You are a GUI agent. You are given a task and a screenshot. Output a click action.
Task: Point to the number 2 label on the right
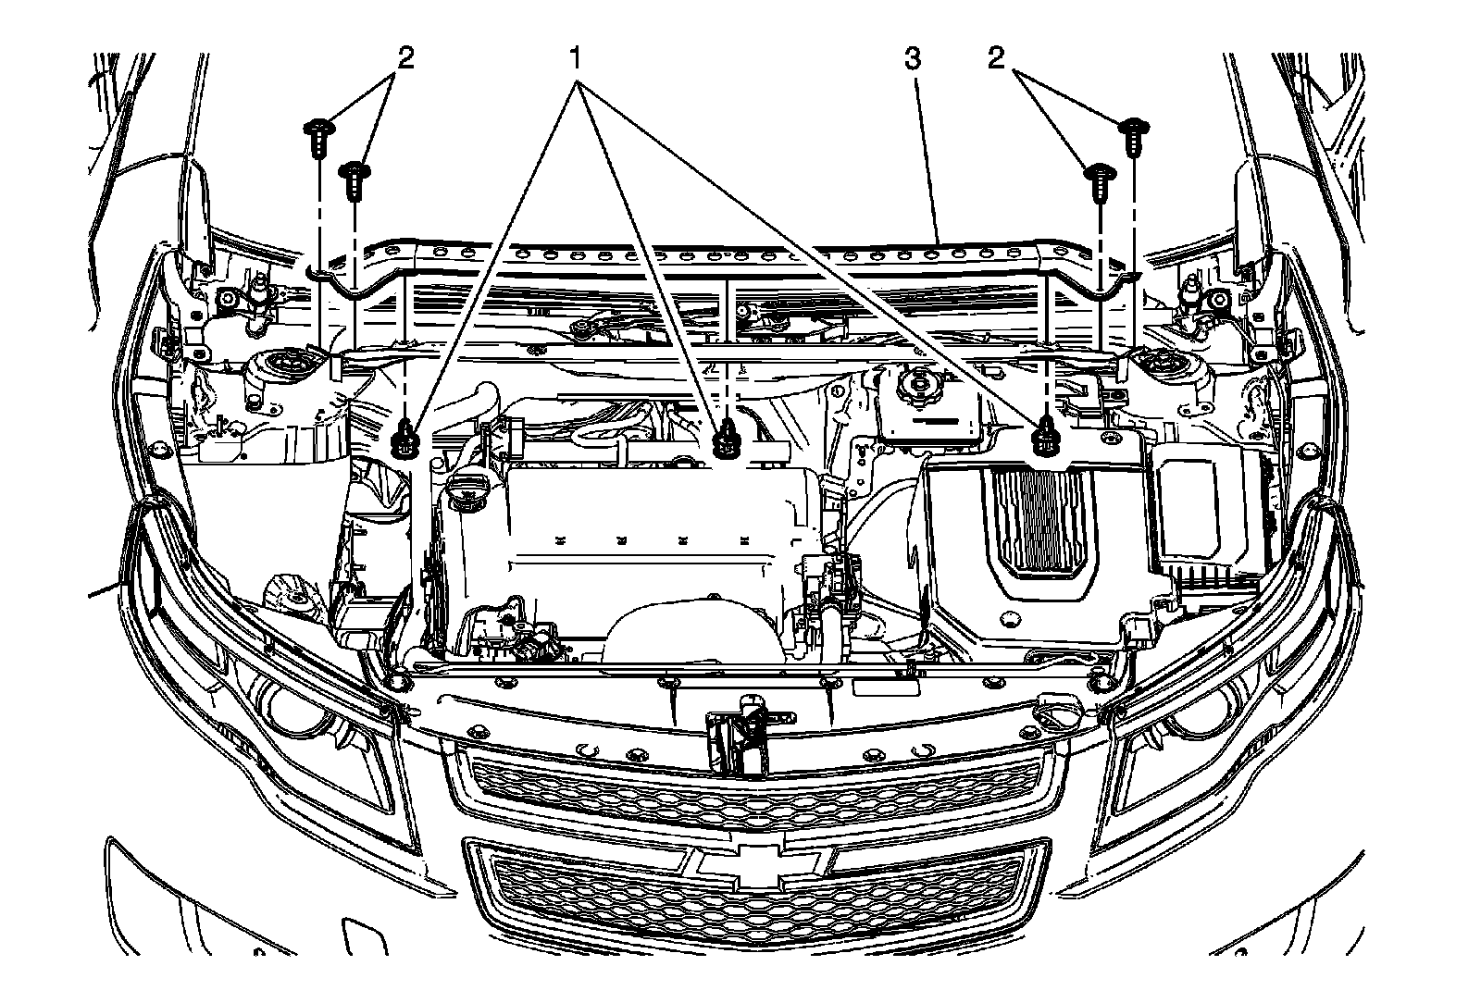996,59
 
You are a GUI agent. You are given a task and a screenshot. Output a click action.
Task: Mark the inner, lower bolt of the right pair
1099,180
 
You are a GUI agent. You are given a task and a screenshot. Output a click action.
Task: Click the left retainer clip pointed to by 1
404,437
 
